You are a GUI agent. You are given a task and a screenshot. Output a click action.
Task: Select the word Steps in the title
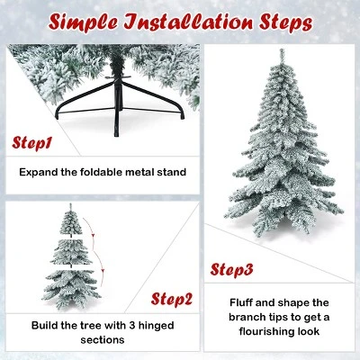coord(286,22)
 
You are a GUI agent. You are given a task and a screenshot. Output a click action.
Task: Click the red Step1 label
coord(31,143)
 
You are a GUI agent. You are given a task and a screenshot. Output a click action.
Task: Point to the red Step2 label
coord(172,299)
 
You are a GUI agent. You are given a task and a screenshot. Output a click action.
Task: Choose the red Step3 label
coord(231,269)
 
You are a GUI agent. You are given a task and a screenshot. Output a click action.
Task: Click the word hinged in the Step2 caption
coord(156,326)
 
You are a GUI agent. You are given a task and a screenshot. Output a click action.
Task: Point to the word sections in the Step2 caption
coord(103,340)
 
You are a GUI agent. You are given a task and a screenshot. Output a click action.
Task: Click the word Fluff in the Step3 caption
coord(241,302)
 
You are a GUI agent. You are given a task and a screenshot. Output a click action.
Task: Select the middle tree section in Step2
coord(71,253)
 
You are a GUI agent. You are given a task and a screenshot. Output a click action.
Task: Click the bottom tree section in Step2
coord(71,289)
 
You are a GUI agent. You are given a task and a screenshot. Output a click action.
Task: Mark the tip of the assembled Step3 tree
coord(282,49)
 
